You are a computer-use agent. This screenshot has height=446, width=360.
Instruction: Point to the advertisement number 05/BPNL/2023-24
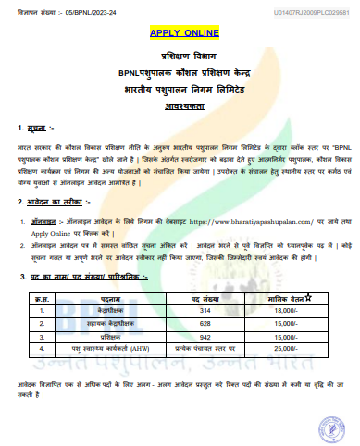72,12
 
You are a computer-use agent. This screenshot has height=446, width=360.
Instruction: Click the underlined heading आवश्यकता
180,105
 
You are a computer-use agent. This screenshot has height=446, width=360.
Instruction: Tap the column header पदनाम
104,275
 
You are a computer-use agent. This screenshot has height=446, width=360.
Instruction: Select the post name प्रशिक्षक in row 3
104,312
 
